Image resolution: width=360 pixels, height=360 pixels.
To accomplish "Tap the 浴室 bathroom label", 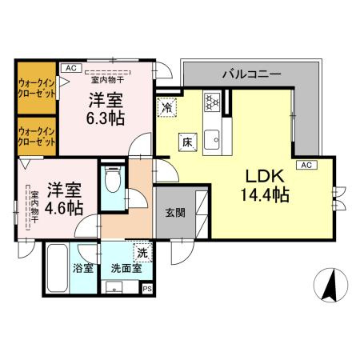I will (83, 269).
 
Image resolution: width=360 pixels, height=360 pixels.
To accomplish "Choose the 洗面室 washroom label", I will (126, 269).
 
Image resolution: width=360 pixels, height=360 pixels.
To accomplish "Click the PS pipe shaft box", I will (146, 290).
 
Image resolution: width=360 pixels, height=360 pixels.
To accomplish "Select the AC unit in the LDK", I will (304, 165).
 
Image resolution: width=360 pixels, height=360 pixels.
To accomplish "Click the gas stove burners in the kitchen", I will (213, 102).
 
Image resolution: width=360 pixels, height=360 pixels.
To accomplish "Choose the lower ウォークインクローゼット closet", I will (37, 135).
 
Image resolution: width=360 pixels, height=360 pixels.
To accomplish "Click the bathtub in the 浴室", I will (57, 269).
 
